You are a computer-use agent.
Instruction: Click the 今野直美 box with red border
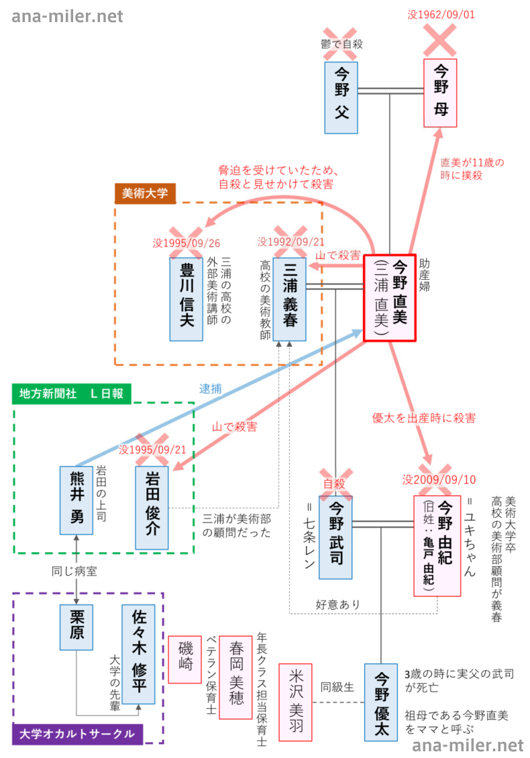click(390, 298)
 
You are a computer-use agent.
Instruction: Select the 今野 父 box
click(341, 97)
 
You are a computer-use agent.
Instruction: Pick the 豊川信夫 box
click(186, 298)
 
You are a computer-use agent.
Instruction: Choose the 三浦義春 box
click(290, 298)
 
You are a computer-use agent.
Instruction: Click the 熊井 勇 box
click(76, 500)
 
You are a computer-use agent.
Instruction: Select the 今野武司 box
click(336, 537)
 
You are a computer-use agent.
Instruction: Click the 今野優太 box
click(381, 702)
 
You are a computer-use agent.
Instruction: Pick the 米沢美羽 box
click(295, 702)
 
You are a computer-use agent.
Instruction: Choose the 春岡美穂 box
click(236, 686)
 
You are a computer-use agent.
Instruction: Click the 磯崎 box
click(184, 658)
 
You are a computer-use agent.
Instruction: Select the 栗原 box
click(76, 626)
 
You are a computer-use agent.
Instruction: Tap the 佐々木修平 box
click(140, 659)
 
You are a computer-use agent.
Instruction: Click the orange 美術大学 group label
click(145, 193)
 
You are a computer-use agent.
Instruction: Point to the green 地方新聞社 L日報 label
click(72, 394)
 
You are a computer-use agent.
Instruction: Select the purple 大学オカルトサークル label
click(78, 734)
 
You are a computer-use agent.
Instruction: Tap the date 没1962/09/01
click(441, 13)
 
